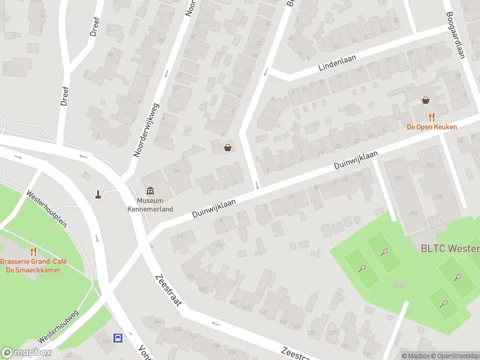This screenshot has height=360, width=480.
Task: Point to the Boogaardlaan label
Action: pyautogui.click(x=454, y=36)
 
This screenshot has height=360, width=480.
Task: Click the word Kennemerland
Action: pyautogui.click(x=150, y=209)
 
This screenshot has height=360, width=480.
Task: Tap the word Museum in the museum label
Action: pyautogui.click(x=150, y=201)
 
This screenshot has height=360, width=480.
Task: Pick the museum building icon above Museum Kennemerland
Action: pyautogui.click(x=150, y=191)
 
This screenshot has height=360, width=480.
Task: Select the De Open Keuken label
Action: pyautogui.click(x=431, y=127)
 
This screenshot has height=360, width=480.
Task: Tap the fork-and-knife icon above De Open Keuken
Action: pyautogui.click(x=431, y=116)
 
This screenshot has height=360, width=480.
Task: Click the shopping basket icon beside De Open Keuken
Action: pyautogui.click(x=426, y=100)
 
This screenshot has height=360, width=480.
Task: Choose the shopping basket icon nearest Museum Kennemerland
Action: pyautogui.click(x=227, y=148)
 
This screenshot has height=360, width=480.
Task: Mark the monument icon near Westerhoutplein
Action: pyautogui.click(x=97, y=194)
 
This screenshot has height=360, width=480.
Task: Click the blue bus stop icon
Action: pyautogui.click(x=118, y=338)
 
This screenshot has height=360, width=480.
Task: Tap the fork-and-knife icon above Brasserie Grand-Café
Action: pyautogui.click(x=33, y=252)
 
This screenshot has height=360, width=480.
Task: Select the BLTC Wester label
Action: pyautogui.click(x=449, y=248)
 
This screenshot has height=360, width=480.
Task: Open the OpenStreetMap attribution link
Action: pyautogui.click(x=455, y=356)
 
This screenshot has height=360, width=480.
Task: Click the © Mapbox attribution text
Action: pyautogui.click(x=415, y=356)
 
